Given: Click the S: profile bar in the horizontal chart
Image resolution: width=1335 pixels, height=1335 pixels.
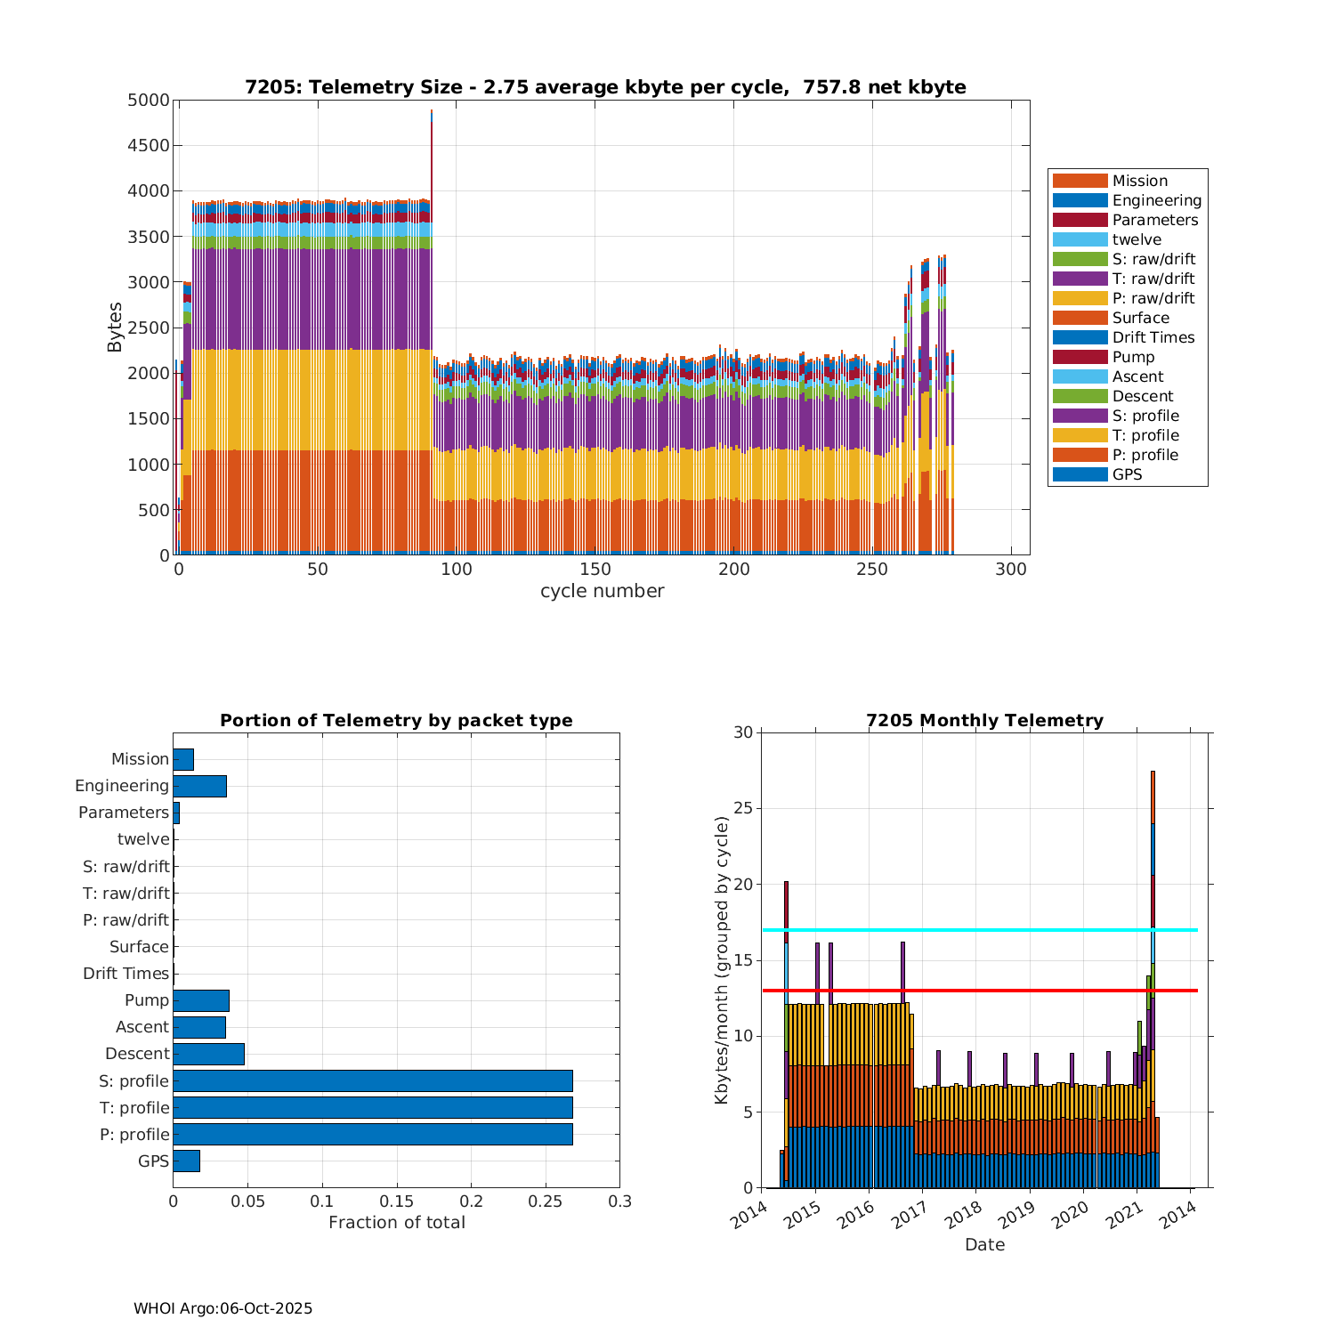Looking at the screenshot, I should point(372,1080).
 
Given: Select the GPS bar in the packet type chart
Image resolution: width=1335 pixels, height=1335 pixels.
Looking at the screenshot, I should point(186,1161).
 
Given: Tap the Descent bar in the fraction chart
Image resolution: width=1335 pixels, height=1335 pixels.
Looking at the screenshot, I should point(208,1054).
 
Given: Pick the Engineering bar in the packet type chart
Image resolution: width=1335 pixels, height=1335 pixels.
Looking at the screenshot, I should point(199,786).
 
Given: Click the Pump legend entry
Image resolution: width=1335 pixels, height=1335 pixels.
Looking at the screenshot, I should point(1133,357).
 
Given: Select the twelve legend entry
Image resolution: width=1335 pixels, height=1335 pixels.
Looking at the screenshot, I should point(1137,239).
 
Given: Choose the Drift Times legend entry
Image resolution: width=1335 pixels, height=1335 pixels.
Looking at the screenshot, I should point(1153,337).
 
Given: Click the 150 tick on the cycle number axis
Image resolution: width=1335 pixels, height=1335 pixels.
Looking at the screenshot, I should point(595,570).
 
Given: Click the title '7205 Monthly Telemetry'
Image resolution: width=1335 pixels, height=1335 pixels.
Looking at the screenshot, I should point(984,721).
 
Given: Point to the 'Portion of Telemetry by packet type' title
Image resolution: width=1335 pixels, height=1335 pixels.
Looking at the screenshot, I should point(396,721).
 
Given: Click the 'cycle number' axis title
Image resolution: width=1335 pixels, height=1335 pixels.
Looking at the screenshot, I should point(602,591).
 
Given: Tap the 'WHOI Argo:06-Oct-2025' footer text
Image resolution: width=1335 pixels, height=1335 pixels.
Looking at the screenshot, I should point(222,1308).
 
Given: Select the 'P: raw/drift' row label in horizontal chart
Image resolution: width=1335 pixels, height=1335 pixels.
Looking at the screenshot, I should point(125,920).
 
